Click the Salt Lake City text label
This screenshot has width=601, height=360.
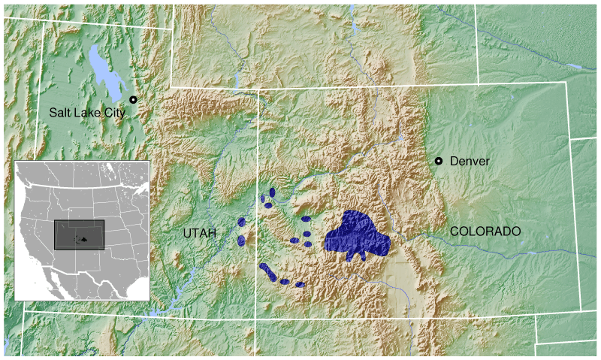(x=87, y=113)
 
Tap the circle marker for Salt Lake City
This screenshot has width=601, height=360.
(x=133, y=100)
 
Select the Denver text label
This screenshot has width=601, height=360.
(x=470, y=161)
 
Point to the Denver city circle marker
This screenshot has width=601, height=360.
(x=439, y=161)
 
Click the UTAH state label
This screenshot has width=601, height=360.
(x=200, y=234)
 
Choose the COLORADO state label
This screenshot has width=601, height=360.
(x=485, y=231)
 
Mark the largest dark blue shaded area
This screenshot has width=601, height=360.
(x=357, y=236)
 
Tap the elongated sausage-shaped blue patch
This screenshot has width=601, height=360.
(x=268, y=272)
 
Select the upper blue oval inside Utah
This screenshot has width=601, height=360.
(x=242, y=222)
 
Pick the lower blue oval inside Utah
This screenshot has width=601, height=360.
(x=241, y=241)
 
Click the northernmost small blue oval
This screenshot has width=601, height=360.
(x=272, y=192)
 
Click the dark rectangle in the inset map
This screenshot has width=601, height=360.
(x=80, y=234)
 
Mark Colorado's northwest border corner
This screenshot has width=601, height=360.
(x=259, y=89)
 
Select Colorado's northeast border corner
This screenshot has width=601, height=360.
(x=568, y=83)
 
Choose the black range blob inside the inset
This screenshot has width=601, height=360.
(x=84, y=240)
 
